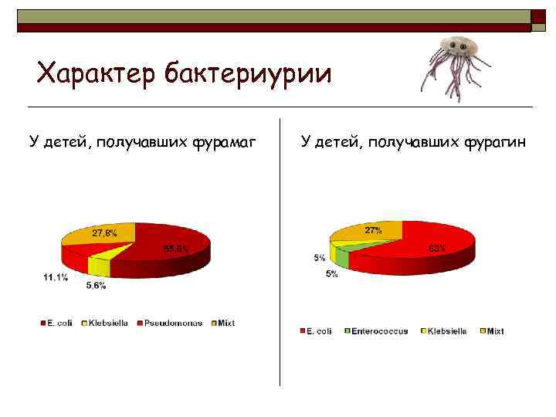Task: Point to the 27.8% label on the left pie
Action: tap(105, 232)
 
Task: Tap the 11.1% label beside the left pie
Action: tap(55, 276)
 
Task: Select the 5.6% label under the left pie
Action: tap(97, 286)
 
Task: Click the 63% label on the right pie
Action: tap(436, 248)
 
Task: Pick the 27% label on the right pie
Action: tap(373, 231)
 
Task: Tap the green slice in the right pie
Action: tap(342, 257)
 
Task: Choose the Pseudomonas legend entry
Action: tap(164, 323)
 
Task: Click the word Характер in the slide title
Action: tap(97, 74)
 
